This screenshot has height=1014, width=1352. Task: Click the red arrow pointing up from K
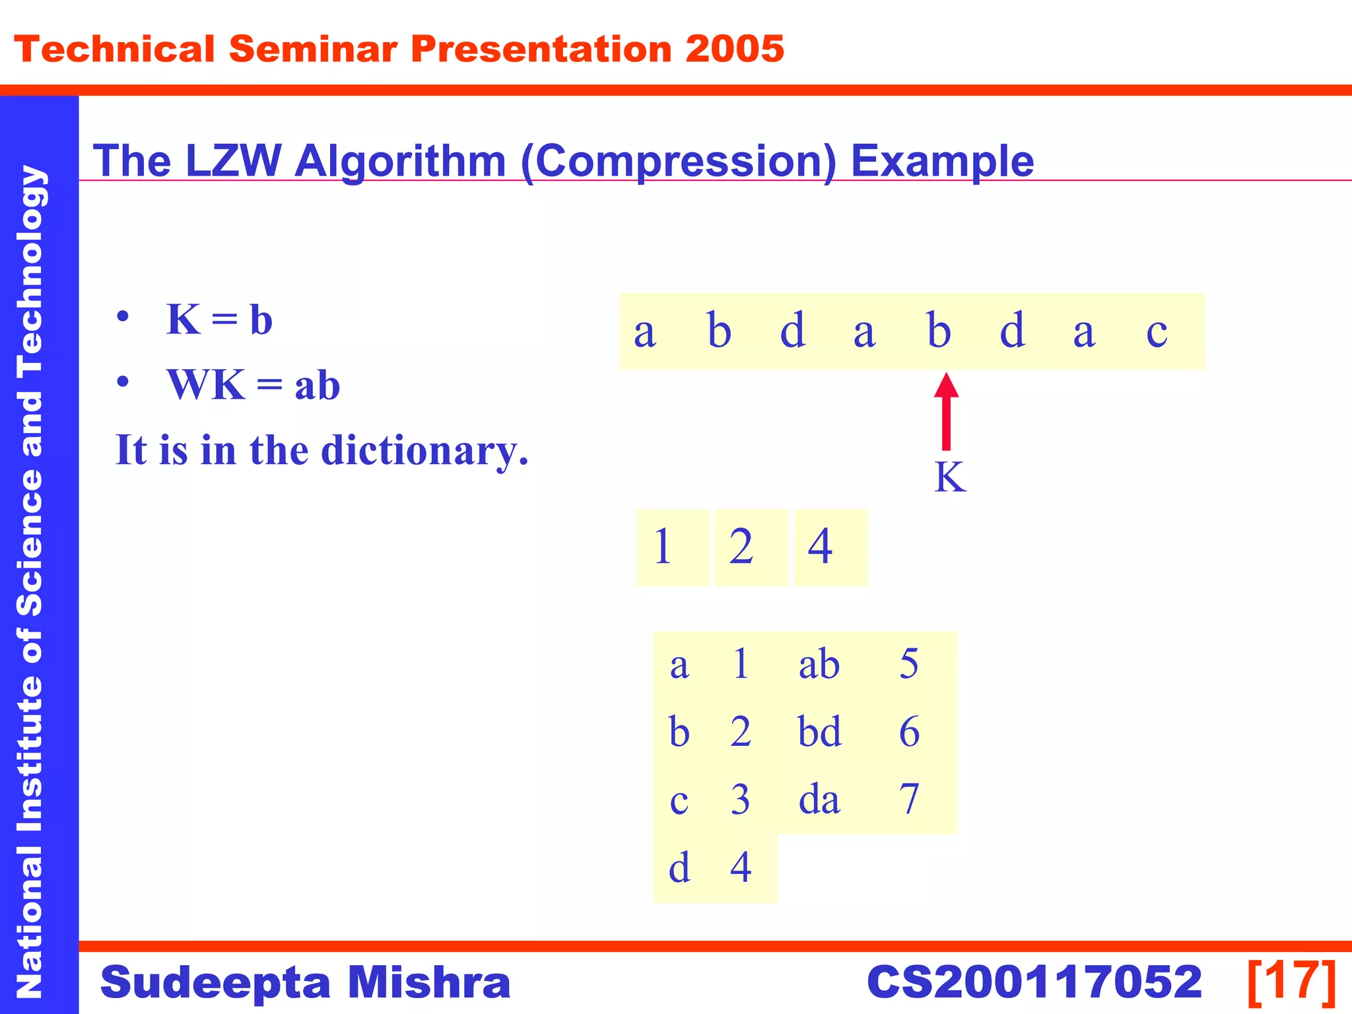[946, 412]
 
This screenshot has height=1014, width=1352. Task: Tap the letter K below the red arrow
[950, 477]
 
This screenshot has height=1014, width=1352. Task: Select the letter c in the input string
[1157, 331]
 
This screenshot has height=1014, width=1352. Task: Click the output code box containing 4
[830, 547]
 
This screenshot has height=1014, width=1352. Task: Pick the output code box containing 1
[672, 547]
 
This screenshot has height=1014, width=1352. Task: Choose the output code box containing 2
[751, 547]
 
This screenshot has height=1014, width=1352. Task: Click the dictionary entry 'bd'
[819, 732]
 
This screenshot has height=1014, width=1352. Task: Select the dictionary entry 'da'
[819, 799]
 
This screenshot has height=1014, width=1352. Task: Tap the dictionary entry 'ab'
[819, 664]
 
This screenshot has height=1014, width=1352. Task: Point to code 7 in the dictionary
[909, 799]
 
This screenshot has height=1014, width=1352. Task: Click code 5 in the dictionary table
[909, 664]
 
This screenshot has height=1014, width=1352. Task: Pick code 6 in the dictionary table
[909, 732]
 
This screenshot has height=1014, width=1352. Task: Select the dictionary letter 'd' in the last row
[679, 867]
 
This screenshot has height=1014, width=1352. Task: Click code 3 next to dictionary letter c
[740, 799]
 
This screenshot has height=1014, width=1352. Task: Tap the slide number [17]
[1291, 982]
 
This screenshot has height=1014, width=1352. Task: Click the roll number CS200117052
[1034, 982]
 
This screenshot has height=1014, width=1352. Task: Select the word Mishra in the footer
[429, 982]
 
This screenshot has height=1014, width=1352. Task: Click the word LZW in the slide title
[233, 160]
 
